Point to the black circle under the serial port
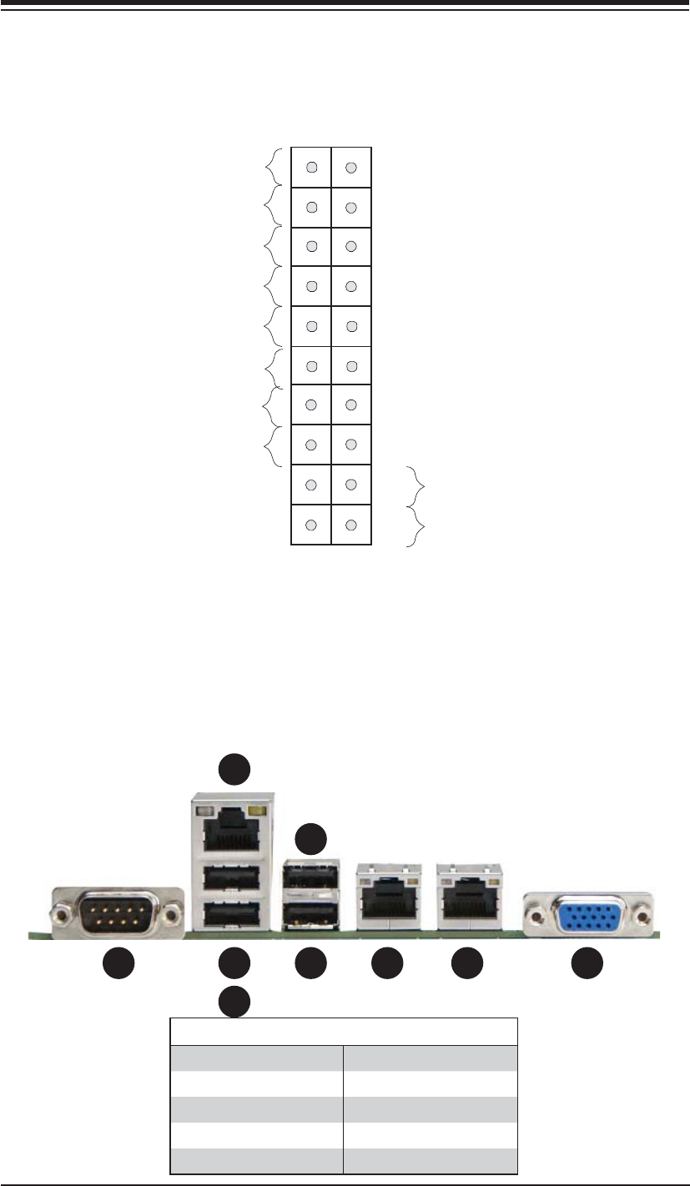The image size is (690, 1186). (118, 964)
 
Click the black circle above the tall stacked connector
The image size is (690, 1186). (234, 769)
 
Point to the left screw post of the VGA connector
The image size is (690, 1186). (535, 917)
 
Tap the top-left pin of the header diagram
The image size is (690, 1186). (310, 168)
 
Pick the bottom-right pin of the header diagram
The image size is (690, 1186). (351, 525)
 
